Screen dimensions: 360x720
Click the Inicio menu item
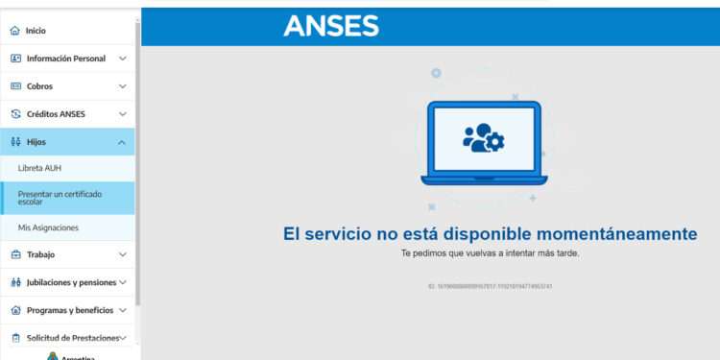pyautogui.click(x=36, y=31)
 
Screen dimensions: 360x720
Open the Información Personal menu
pyautogui.click(x=65, y=59)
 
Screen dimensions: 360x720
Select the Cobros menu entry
pyautogui.click(x=39, y=86)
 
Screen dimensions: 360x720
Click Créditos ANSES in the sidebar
pyautogui.click(x=56, y=114)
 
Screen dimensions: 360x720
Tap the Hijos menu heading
pyautogui.click(x=36, y=142)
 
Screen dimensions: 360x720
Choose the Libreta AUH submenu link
pyautogui.click(x=39, y=168)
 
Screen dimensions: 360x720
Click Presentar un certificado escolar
pyautogui.click(x=60, y=198)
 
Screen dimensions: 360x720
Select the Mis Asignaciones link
pyautogui.click(x=48, y=228)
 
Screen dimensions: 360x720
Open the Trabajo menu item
pyautogui.click(x=40, y=255)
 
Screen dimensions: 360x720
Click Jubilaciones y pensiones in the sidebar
pyautogui.click(x=71, y=282)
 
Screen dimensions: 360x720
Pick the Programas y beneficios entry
pyautogui.click(x=69, y=310)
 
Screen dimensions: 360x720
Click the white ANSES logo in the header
pyautogui.click(x=331, y=27)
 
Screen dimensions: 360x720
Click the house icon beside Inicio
pyautogui.click(x=14, y=31)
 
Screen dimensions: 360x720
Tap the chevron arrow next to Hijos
pyautogui.click(x=122, y=142)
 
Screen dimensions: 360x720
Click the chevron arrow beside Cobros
pyautogui.click(x=122, y=86)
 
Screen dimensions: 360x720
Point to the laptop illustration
pyautogui.click(x=484, y=142)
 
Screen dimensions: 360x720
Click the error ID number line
pyautogui.click(x=490, y=286)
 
